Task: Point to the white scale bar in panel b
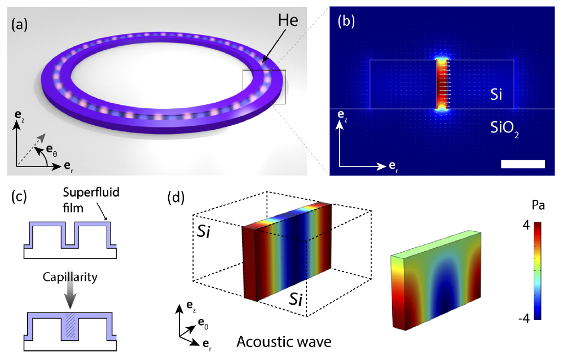pyautogui.click(x=522, y=164)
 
